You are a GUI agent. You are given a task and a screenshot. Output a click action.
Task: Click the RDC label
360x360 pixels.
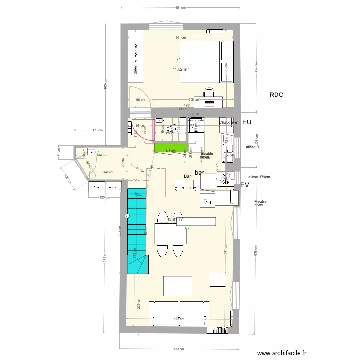[x=276, y=96]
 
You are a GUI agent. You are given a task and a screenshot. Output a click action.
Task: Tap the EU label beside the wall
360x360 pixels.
[x=247, y=123]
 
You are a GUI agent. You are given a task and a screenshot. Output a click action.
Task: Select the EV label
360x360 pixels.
[x=245, y=185]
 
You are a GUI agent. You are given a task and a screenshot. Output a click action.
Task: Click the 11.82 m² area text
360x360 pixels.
[x=180, y=69]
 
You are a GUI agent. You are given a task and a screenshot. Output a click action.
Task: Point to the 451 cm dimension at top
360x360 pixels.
[x=180, y=8]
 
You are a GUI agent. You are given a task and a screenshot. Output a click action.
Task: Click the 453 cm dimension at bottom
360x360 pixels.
[x=180, y=349]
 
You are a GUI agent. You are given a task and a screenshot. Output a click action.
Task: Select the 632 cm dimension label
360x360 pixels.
[x=256, y=251]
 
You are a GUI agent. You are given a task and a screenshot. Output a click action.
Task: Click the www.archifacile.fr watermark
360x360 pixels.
[x=282, y=352]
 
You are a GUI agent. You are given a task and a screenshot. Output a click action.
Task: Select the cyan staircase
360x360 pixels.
[x=137, y=230]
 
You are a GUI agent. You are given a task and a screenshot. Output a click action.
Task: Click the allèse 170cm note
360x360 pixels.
[x=259, y=177]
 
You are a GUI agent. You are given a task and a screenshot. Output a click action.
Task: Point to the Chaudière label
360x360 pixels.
[x=228, y=123]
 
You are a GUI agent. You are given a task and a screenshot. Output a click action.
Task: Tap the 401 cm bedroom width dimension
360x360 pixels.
[x=180, y=38]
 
